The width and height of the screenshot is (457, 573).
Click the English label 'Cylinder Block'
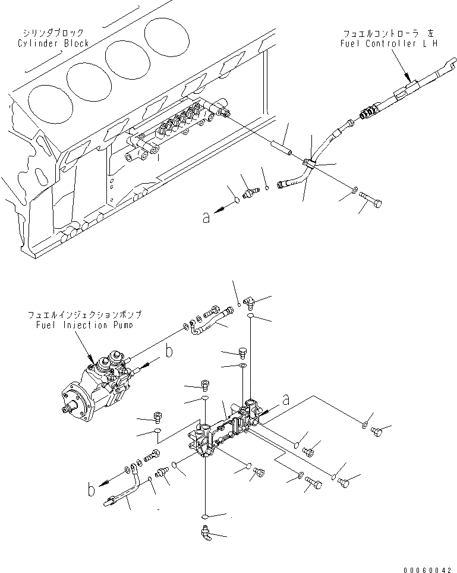[x=53, y=43]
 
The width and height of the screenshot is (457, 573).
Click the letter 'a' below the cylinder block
[x=206, y=218]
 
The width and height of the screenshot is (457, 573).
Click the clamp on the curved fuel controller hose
[x=309, y=162]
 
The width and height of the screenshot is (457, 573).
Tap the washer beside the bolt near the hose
[x=355, y=191]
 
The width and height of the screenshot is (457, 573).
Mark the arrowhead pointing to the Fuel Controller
[x=408, y=77]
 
